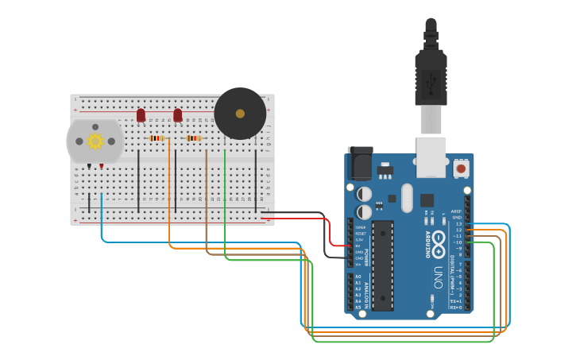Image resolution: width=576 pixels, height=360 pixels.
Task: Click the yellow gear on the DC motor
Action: click(x=95, y=141)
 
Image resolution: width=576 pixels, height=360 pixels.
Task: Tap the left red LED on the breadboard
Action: click(x=141, y=115)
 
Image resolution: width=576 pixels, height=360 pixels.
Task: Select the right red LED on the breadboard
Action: click(x=178, y=115)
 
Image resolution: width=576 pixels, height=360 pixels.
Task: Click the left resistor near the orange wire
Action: click(x=157, y=138)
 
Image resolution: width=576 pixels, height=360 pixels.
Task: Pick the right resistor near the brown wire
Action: click(x=195, y=138)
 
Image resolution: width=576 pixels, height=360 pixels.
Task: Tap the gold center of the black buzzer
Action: click(x=240, y=114)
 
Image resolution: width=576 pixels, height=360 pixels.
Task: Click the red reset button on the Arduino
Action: click(x=461, y=168)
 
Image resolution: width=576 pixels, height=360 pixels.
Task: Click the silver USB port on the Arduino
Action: click(x=431, y=157)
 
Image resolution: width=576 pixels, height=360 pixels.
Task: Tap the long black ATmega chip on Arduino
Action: click(x=383, y=265)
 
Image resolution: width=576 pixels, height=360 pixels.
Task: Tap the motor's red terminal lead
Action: click(x=101, y=165)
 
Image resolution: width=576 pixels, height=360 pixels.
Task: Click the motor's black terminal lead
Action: click(x=90, y=165)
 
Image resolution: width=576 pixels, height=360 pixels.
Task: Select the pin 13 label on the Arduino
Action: click(x=458, y=224)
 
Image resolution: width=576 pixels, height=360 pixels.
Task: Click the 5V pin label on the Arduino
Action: click(x=360, y=246)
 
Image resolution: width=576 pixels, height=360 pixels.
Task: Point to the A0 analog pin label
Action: click(x=358, y=277)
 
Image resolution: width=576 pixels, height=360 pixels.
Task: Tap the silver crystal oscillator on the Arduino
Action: click(x=407, y=198)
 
